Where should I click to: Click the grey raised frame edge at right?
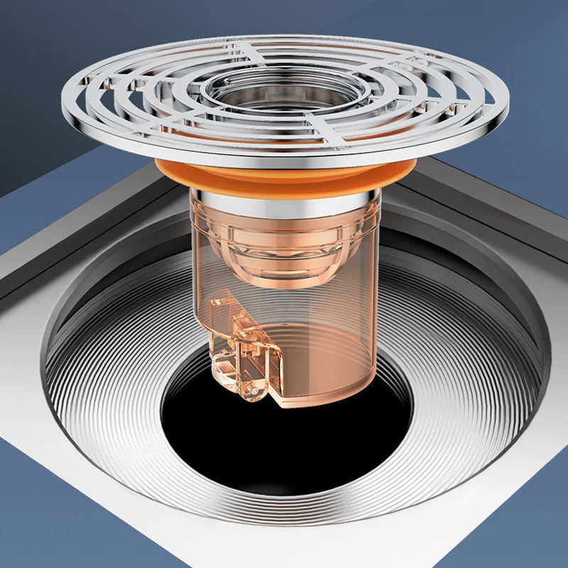click(497, 206)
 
